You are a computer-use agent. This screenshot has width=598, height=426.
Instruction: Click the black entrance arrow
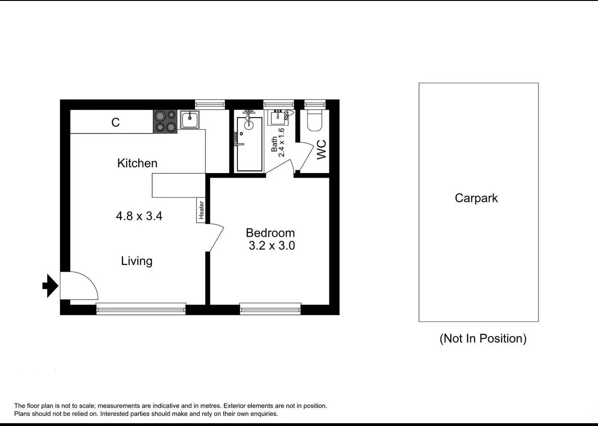click(x=50, y=286)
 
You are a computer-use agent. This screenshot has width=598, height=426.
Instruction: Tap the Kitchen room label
click(x=137, y=163)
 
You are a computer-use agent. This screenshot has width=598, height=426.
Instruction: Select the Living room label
click(x=136, y=261)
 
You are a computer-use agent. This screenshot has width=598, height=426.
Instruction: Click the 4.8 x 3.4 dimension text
click(x=139, y=216)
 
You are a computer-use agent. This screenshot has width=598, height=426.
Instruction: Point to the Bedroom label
click(x=270, y=233)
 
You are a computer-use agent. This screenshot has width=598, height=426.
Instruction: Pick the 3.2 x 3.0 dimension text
click(x=272, y=246)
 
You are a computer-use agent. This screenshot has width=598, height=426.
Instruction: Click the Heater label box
click(x=201, y=210)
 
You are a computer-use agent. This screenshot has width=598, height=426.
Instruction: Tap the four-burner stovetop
click(x=165, y=121)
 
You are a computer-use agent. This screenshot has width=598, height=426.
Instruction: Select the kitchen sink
click(x=190, y=120)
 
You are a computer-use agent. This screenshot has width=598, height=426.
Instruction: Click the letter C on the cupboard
click(x=116, y=122)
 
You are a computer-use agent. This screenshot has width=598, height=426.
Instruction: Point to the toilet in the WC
click(x=315, y=120)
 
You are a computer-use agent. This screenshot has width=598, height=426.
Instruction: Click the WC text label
click(x=322, y=150)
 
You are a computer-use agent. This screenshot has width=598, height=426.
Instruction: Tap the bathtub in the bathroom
click(x=249, y=144)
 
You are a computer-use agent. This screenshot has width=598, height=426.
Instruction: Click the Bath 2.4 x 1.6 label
click(x=278, y=143)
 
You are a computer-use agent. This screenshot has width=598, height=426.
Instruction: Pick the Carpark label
click(x=476, y=198)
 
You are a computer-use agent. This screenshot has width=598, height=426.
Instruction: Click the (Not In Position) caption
click(x=482, y=339)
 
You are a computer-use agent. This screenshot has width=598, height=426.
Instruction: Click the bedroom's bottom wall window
click(x=270, y=308)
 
